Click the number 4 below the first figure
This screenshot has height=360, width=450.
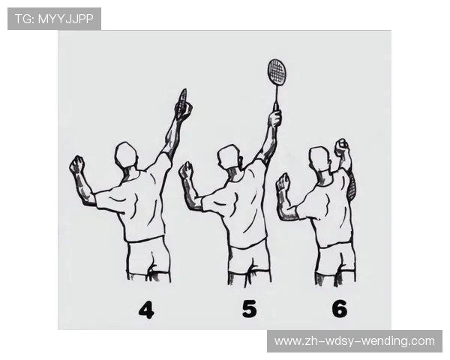point(146,310)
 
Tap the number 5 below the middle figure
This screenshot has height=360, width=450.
point(249,309)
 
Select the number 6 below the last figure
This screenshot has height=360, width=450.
point(340,309)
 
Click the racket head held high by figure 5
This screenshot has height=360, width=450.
point(277,72)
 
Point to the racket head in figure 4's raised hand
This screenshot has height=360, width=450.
point(182,102)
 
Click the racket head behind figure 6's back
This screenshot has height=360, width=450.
point(352,185)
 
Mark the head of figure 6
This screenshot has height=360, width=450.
point(319,159)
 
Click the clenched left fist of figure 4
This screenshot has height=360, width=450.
point(77,164)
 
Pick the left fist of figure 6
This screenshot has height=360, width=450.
point(283,181)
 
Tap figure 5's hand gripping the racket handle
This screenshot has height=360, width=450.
point(275,118)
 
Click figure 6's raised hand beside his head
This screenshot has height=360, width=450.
point(341,147)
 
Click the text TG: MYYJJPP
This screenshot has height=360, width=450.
point(54,19)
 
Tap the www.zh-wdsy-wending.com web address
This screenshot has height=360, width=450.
point(355,341)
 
